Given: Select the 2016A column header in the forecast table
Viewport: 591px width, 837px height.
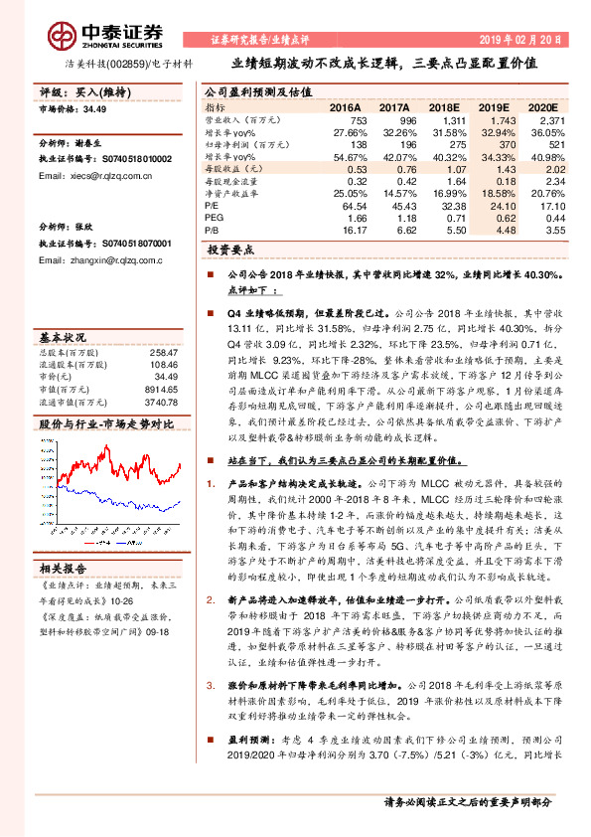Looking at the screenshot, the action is (346, 107).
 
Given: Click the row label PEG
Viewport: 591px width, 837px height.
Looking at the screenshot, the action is (215, 216).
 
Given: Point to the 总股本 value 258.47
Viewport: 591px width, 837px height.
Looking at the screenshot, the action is (162, 353).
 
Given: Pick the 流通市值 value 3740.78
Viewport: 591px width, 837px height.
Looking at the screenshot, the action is (159, 402).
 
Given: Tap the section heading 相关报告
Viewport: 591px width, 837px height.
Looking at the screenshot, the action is (66, 568).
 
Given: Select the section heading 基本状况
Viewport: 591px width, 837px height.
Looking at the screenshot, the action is (66, 337).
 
